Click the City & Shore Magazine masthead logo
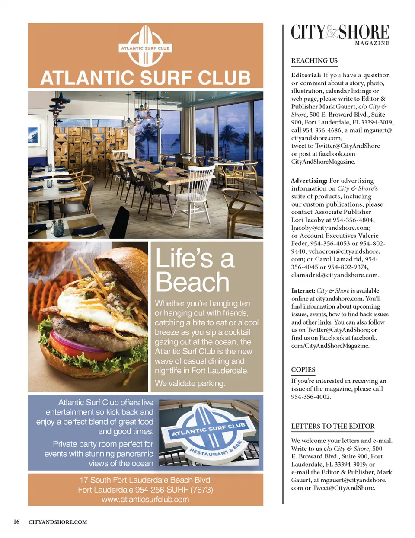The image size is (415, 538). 340,33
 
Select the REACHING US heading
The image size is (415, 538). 314,61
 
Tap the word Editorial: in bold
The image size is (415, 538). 306,75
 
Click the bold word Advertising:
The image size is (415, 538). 309,181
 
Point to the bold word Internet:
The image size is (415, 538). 303,291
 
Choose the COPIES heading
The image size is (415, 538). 303,370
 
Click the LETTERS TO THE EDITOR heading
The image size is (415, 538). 333,427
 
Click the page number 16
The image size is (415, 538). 16,522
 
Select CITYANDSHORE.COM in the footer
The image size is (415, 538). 57,522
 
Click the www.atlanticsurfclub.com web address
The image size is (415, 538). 145,500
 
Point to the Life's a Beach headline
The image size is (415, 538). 195,270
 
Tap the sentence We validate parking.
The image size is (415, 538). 190,383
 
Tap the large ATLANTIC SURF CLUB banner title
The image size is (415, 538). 145,78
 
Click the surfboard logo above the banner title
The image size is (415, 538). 145,46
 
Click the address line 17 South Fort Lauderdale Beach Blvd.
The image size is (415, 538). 145,480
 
